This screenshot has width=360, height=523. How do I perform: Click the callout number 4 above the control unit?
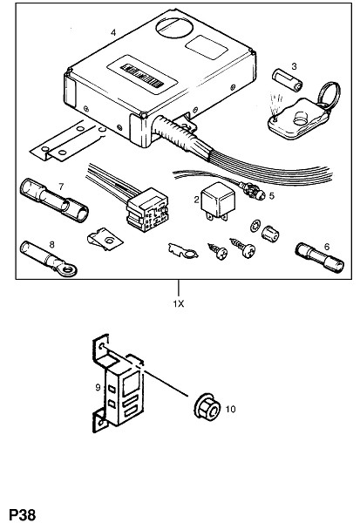[113, 33]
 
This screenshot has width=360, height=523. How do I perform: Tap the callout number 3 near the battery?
[294, 66]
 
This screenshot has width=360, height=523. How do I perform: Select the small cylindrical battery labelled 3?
[288, 80]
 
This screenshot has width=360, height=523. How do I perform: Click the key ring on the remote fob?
[329, 95]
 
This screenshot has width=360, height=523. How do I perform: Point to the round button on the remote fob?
[302, 118]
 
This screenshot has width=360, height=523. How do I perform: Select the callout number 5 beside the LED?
[272, 196]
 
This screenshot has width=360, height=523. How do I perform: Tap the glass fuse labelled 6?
[319, 257]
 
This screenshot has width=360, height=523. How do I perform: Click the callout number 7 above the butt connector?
[61, 187]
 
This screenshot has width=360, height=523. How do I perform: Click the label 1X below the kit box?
[179, 304]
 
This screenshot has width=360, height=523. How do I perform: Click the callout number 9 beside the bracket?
[98, 387]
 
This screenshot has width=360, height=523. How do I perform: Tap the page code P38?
[23, 514]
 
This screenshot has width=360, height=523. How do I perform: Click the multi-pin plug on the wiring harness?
[147, 210]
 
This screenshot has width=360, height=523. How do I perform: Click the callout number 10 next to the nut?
[230, 409]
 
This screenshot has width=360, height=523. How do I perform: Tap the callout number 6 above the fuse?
[326, 247]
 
